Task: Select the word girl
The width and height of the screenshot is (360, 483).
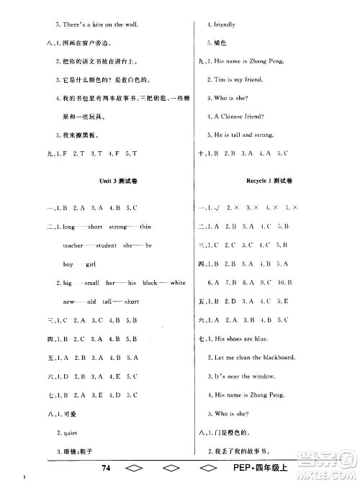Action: coord(90,264)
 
